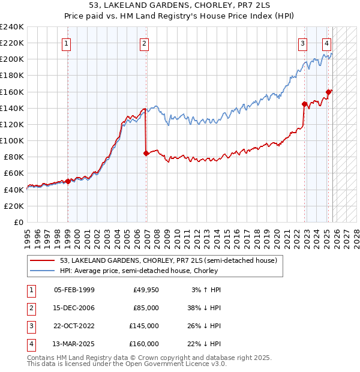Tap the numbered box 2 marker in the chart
tap(145, 43)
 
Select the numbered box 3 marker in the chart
tap(303, 43)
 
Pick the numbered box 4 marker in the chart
tap(326, 43)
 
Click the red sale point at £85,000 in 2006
tap(146, 153)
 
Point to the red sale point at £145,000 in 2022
tap(305, 104)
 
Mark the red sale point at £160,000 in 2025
tap(329, 92)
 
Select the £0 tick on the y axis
tap(18, 222)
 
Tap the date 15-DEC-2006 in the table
tap(74, 308)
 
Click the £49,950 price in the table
tap(146, 290)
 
